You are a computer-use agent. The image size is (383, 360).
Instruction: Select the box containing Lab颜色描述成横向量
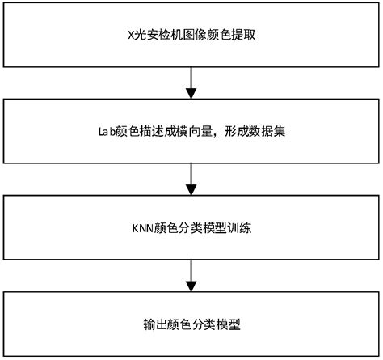(x=191, y=131)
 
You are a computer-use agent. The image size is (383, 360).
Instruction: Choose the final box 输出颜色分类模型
(x=191, y=324)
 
